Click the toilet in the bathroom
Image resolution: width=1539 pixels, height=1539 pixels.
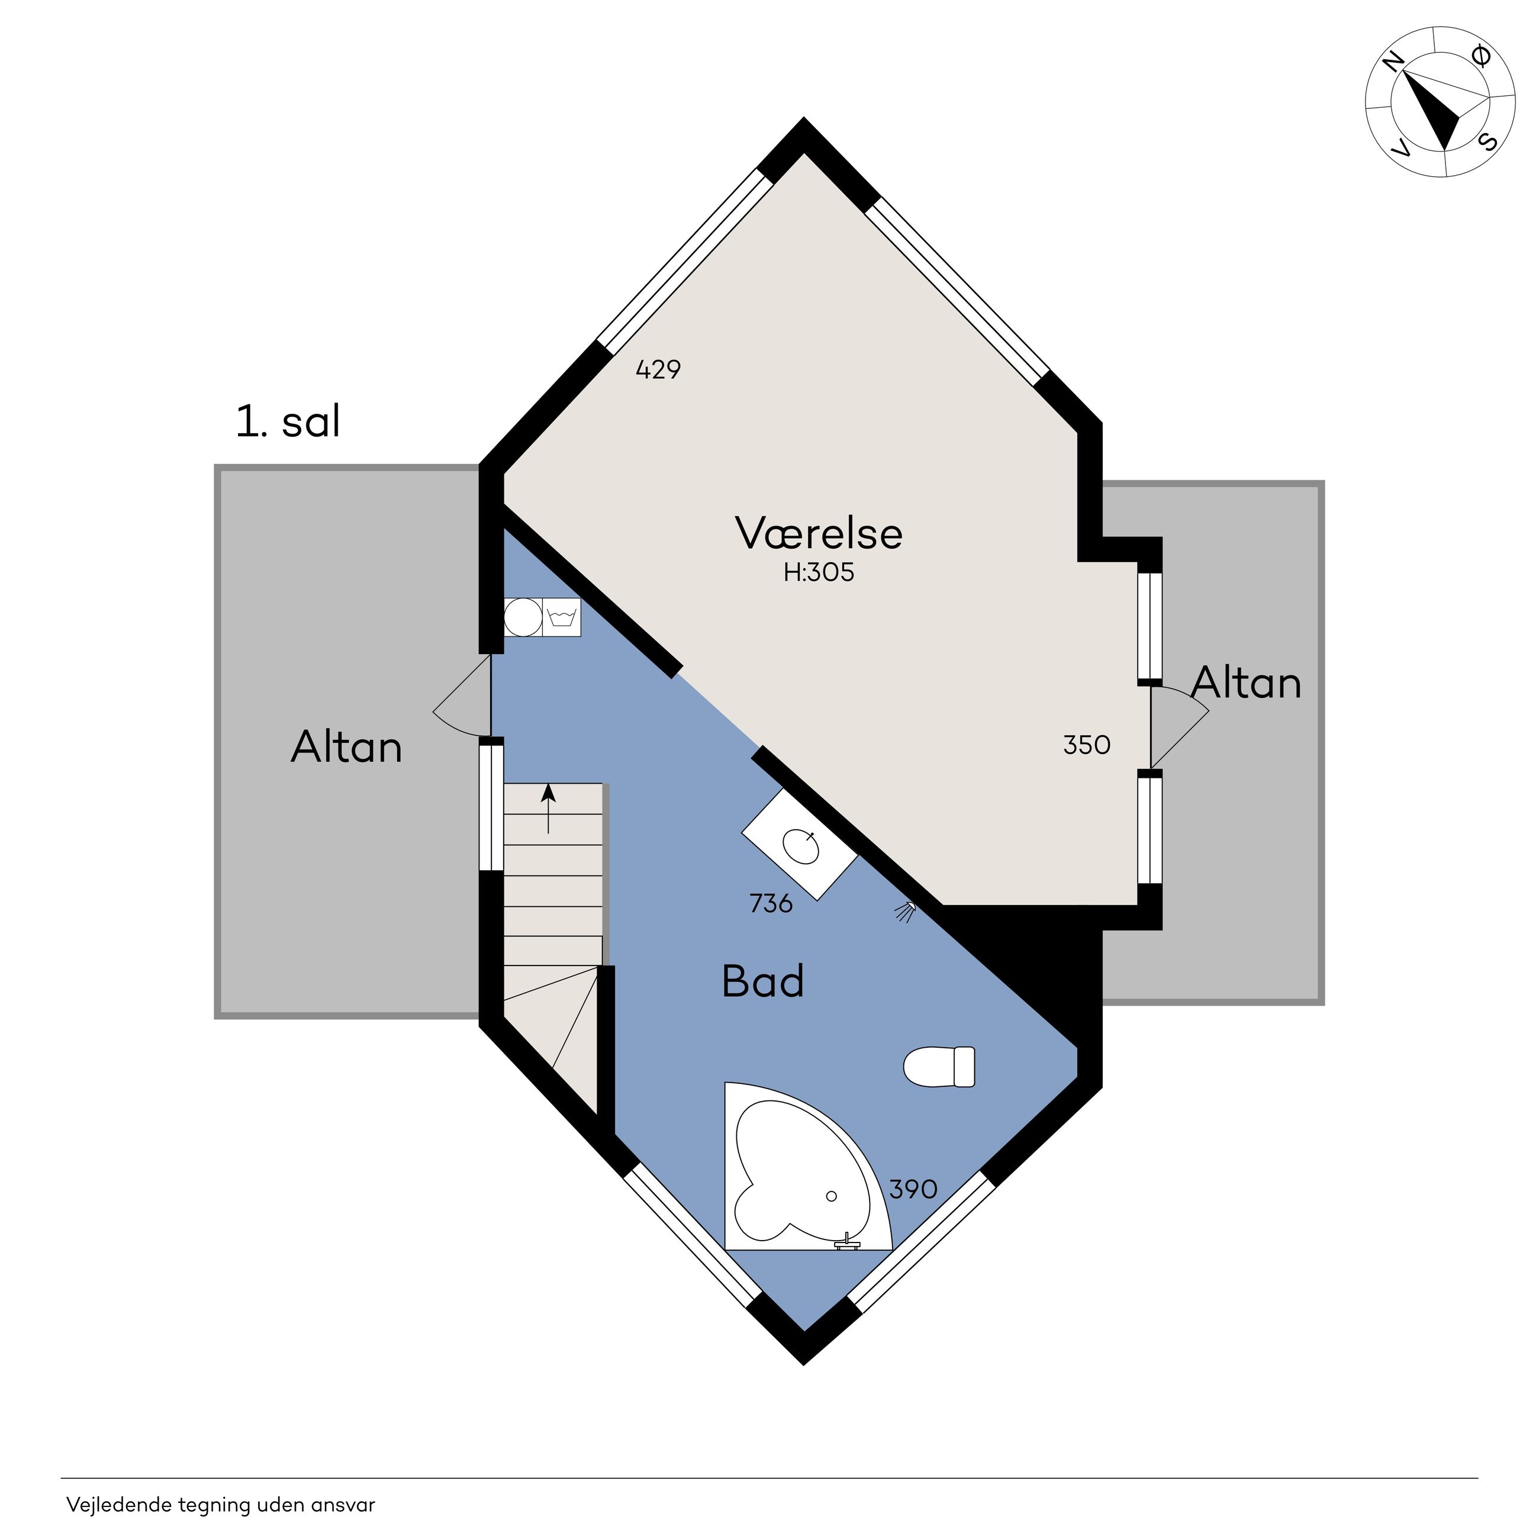point(939,1067)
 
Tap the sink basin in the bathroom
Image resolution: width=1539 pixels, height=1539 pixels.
point(800,845)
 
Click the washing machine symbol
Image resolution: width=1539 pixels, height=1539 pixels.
point(562,617)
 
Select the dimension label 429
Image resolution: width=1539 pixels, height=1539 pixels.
point(658,369)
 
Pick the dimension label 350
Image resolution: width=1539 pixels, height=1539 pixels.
point(1087,745)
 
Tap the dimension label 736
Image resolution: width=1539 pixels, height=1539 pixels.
point(771,903)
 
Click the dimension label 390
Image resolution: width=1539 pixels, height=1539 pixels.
point(913,1189)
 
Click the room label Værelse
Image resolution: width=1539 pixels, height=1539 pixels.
point(819,533)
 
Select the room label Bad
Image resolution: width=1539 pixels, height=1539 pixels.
point(762,981)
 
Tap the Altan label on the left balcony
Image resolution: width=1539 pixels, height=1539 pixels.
point(346,747)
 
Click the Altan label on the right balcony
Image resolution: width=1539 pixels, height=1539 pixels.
point(1247,682)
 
